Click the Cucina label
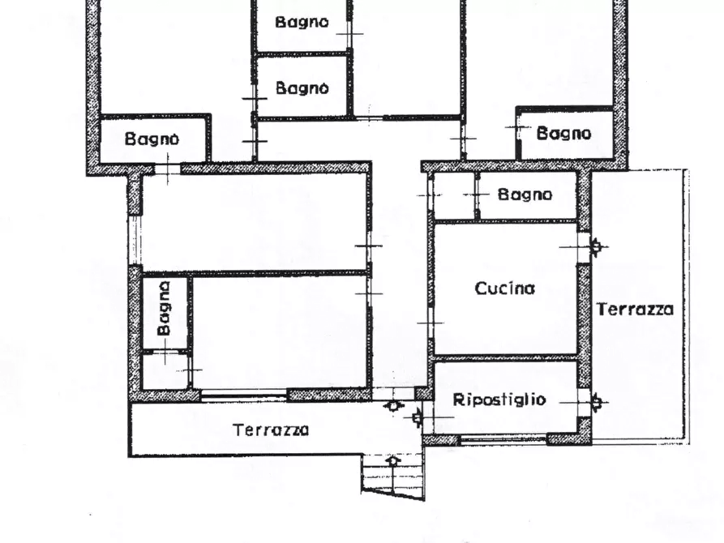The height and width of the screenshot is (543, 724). [504, 288]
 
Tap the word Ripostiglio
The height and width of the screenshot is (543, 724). [499, 400]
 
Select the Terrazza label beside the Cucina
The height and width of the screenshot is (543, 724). [635, 309]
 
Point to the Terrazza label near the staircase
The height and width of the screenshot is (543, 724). [271, 430]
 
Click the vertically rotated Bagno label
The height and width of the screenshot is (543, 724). [165, 308]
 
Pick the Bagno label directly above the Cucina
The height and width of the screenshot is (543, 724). [525, 195]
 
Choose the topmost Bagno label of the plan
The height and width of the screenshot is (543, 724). [302, 23]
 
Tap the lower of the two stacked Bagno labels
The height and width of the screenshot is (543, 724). [302, 88]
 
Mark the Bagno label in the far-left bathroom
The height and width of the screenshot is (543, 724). [152, 139]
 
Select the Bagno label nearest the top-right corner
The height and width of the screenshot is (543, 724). [563, 134]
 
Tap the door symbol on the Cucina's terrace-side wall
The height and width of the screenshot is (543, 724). [598, 246]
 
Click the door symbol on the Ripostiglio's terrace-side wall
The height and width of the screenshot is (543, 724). [598, 400]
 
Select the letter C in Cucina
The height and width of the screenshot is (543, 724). [480, 288]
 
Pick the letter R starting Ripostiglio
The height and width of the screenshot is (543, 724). [457, 400]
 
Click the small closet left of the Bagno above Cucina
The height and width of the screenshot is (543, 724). [453, 195]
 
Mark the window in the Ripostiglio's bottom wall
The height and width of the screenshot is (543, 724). [503, 440]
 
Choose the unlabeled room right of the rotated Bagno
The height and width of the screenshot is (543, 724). [280, 332]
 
